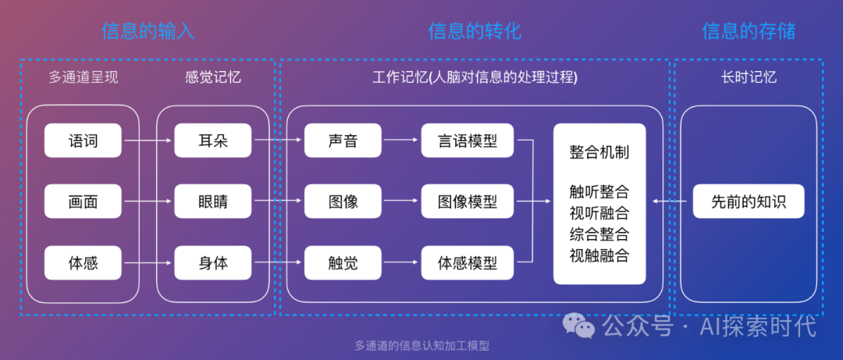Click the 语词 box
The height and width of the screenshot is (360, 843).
84,141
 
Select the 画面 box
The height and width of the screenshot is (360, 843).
84,201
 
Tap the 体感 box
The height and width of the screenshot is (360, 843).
84,262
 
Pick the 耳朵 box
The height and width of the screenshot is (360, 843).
213,141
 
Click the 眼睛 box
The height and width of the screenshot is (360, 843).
213,201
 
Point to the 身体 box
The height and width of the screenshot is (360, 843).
213,262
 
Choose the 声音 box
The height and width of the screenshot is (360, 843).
343,141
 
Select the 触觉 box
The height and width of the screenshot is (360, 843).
343,262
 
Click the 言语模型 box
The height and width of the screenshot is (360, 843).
468,141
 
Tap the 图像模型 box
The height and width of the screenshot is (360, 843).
468,201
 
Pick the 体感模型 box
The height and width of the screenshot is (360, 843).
468,262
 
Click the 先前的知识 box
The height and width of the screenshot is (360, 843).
749,202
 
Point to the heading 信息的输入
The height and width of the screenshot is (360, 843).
148,31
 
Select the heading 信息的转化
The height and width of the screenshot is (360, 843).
475,31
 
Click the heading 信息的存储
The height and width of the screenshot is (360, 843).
749,31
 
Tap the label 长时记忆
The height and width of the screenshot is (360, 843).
749,77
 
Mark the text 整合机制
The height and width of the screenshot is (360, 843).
599,151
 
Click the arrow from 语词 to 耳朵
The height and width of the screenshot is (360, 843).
148,141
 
